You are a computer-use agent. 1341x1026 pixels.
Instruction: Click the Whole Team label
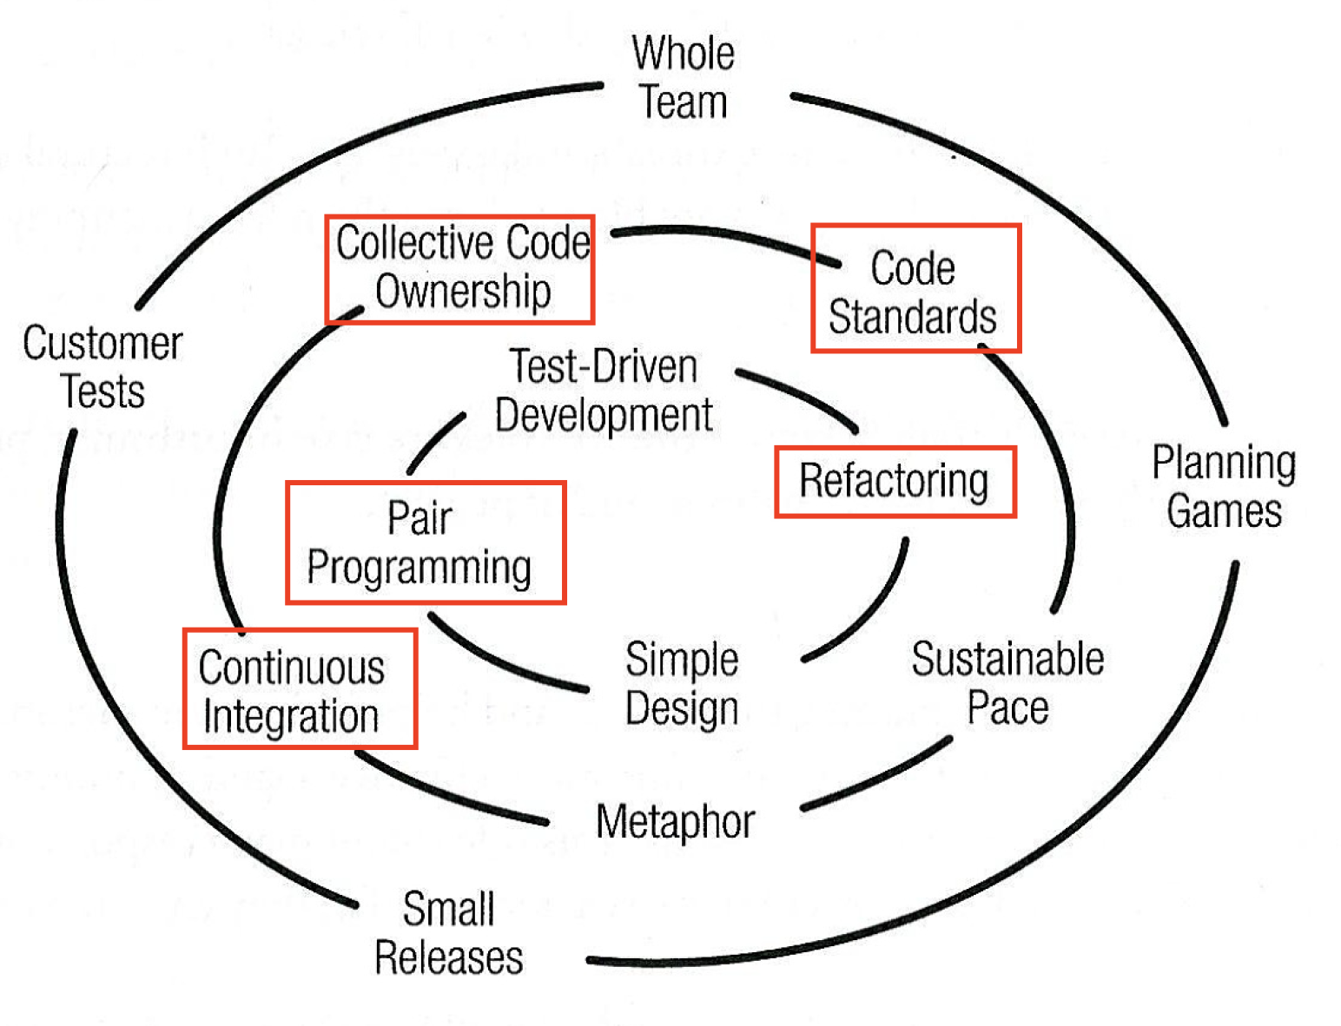coord(684,78)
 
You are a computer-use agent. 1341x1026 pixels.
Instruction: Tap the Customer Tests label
coord(102,367)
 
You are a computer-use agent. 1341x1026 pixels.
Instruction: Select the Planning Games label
coord(1224,487)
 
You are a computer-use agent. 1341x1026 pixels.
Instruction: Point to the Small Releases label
coord(449,934)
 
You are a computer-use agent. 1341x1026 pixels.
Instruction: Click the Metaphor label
coord(675,821)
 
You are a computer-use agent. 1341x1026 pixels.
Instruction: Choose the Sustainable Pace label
coord(1007,683)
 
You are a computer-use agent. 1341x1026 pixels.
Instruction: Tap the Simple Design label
coord(682,684)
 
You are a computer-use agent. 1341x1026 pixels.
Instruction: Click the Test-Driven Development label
coord(604,391)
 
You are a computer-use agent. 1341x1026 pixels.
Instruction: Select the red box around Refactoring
coord(895,482)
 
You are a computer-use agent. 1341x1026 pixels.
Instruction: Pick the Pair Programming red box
coord(426,543)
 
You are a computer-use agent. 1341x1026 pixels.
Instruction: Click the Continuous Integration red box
coord(300,688)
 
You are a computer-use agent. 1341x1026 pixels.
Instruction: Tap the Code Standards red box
coord(915,288)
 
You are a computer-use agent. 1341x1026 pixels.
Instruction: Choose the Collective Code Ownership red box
coord(459,269)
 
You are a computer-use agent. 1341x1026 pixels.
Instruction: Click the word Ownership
coord(463,293)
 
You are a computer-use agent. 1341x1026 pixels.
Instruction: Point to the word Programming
coord(419,569)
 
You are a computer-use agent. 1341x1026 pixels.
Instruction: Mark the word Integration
coord(291,717)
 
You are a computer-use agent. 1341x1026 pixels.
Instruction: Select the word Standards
coord(913,317)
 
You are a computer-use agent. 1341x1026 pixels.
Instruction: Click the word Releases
coord(449,958)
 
